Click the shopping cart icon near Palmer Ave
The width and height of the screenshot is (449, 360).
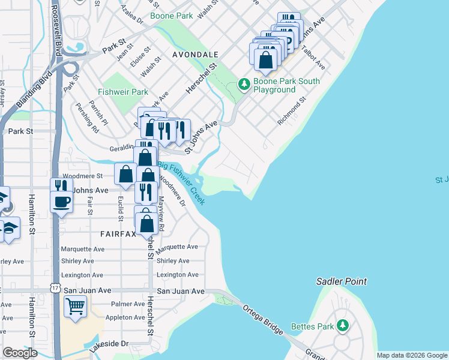point(76,307)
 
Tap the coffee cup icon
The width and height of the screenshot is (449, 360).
point(61,202)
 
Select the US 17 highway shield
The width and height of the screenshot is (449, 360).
point(56,289)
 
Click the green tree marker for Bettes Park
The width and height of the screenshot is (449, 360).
point(343,325)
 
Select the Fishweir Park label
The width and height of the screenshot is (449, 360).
point(124,92)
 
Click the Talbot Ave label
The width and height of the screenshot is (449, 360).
point(313,57)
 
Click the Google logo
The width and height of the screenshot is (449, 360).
point(20,353)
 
